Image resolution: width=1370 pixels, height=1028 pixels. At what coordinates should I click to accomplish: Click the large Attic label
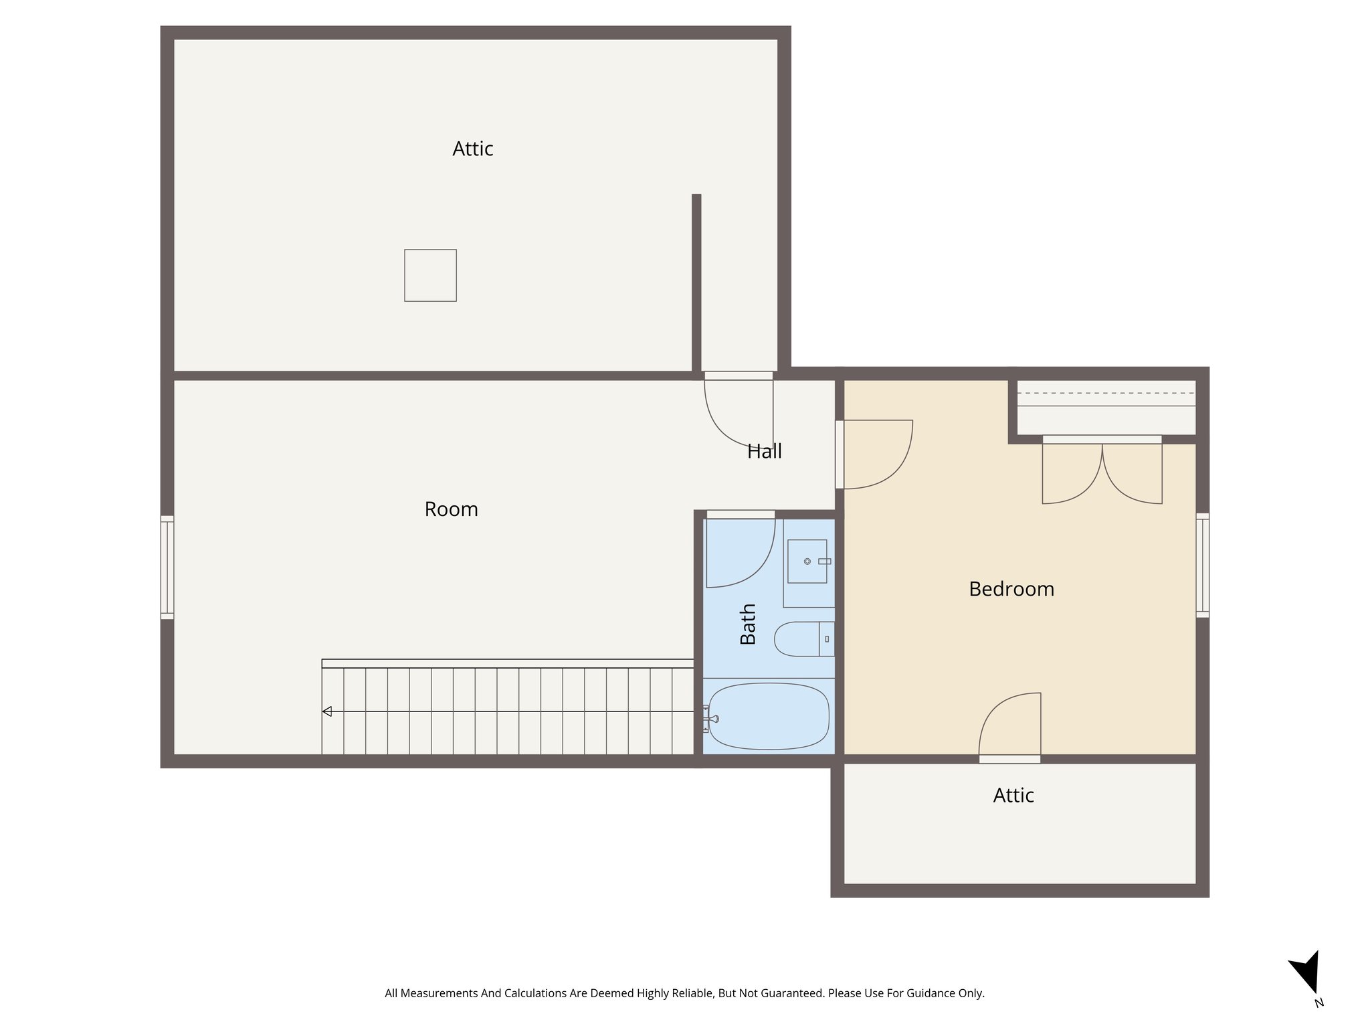click(x=472, y=149)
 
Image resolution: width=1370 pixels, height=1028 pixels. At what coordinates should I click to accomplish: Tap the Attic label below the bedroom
click(x=1013, y=795)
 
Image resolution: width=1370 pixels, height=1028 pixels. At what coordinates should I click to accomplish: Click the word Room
click(x=451, y=509)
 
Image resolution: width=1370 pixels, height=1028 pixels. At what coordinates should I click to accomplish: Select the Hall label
click(x=764, y=452)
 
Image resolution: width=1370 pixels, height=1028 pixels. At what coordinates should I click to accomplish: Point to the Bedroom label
click(x=1011, y=589)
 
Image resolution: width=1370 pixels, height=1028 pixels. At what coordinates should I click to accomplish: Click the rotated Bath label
click(x=748, y=624)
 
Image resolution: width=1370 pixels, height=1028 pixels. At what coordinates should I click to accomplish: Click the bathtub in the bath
click(x=769, y=716)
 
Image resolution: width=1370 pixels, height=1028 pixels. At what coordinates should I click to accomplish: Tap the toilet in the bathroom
click(x=803, y=638)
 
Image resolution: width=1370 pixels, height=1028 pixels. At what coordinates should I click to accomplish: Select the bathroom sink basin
click(x=807, y=561)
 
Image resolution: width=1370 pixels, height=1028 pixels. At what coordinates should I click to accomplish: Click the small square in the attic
click(x=430, y=275)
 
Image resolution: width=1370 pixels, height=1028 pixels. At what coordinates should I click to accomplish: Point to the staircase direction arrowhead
click(x=327, y=711)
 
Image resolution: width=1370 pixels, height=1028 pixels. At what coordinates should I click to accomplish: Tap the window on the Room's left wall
click(x=167, y=567)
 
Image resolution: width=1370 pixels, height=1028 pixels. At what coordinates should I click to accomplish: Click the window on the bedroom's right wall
click(x=1202, y=565)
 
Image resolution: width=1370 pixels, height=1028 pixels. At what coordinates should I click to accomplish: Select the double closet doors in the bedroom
click(x=1102, y=471)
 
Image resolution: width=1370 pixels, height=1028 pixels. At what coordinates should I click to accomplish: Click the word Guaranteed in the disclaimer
click(x=792, y=993)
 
